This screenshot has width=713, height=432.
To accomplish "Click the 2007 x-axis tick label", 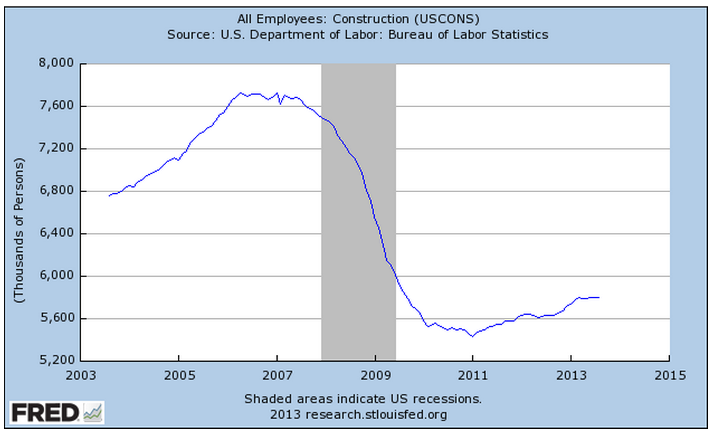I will tap(277, 375).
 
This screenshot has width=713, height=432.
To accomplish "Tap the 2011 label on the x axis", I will tap(473, 375).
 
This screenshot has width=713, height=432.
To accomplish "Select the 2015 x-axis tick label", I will tap(669, 375).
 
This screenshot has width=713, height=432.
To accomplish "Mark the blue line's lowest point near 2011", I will tap(472, 336).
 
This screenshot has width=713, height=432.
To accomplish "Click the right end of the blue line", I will tap(599, 297).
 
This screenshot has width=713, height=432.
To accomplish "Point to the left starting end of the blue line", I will tap(109, 195).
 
